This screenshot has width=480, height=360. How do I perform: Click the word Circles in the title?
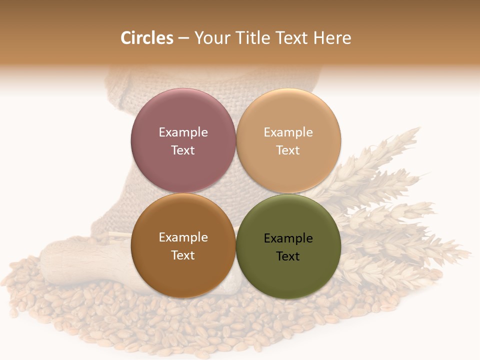pos(146,38)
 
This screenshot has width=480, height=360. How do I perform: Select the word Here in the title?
pos(332,38)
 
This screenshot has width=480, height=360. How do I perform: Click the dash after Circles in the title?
pos(183,38)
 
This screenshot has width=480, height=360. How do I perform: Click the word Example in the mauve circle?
pos(183,132)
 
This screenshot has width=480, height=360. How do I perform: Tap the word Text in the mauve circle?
pos(183,150)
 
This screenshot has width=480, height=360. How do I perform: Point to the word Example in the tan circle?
pos(288,132)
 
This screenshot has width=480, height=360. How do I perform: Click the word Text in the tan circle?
pos(288,150)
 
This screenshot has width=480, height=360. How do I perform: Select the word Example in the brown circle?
pos(183,237)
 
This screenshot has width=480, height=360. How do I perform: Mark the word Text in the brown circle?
pos(183,255)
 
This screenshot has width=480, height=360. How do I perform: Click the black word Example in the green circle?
pos(288,238)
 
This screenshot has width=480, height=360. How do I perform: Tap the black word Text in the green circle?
pos(288,256)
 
